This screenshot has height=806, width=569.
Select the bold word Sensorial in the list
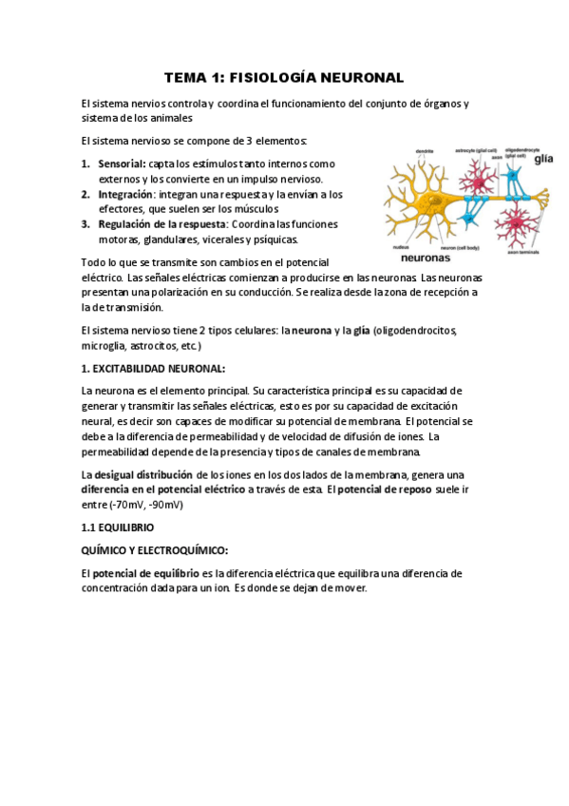coord(121,164)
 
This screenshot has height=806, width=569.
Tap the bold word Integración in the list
coord(125,195)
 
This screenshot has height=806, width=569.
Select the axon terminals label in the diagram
coord(522,252)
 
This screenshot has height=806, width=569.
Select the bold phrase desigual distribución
coord(143,474)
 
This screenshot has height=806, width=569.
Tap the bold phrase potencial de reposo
coord(386,489)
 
